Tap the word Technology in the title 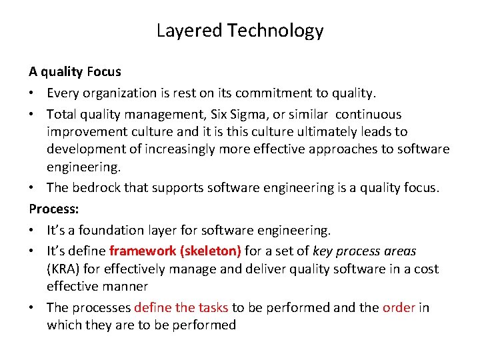coord(275,31)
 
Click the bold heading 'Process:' coord(54,209)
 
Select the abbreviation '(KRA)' coord(64,269)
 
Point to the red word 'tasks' coord(212,307)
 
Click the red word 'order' coord(399,307)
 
